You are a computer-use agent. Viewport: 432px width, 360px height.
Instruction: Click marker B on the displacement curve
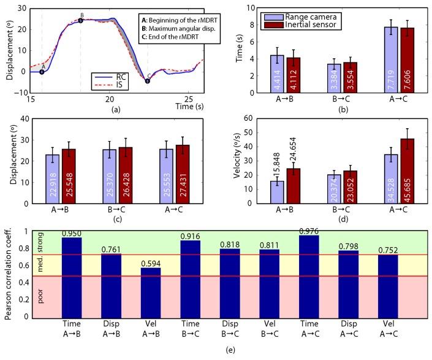point(81,20)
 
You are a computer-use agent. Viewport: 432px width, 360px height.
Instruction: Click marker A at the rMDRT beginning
point(42,72)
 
